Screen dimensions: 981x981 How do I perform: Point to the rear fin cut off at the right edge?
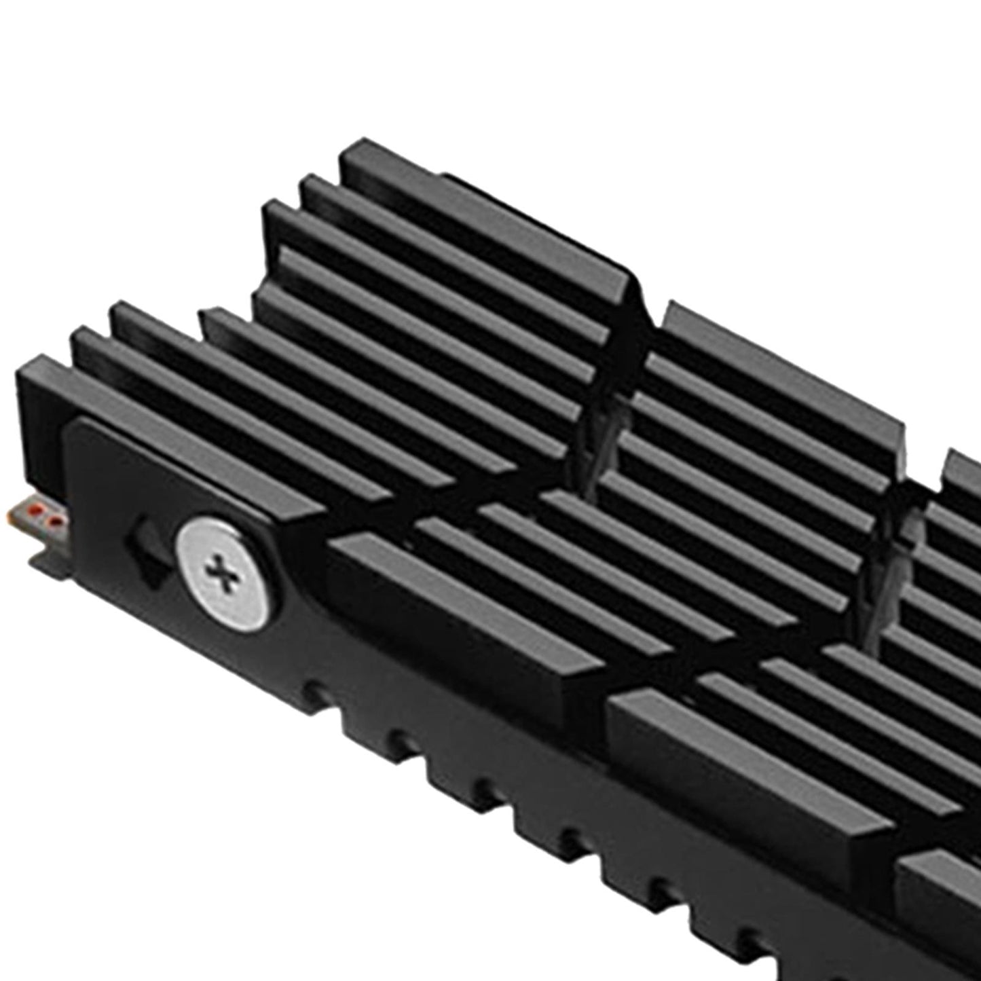[964, 468]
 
